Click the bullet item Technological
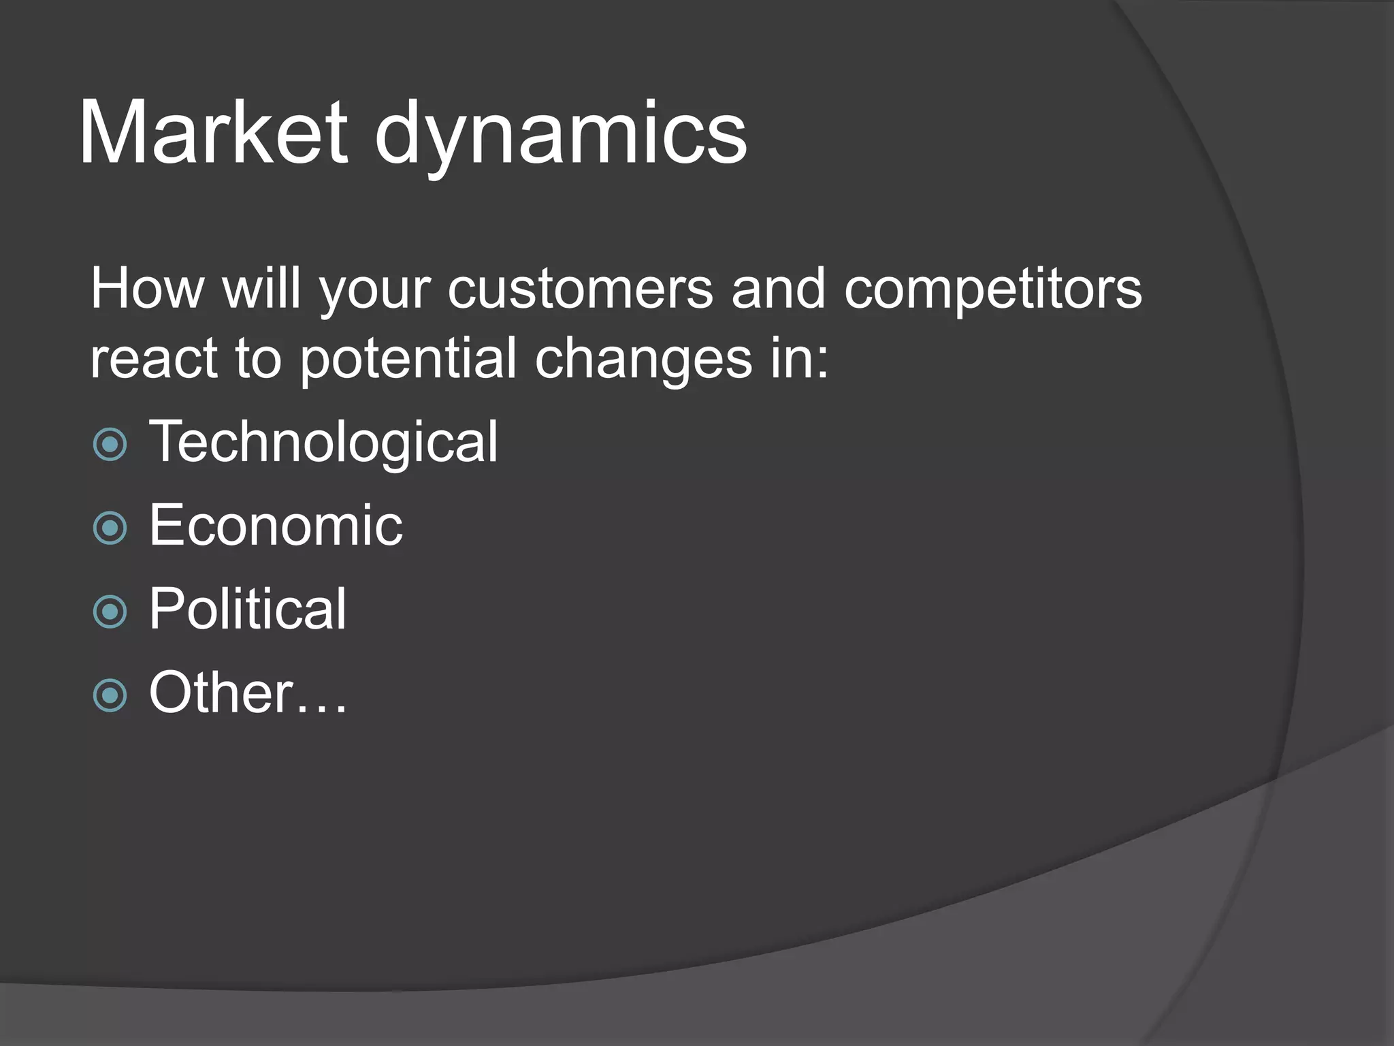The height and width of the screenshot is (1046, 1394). pyautogui.click(x=323, y=443)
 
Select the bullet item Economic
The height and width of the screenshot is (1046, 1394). pyautogui.click(x=276, y=526)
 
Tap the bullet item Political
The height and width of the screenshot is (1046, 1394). pyautogui.click(x=248, y=609)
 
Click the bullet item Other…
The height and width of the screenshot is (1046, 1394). pyautogui.click(x=248, y=693)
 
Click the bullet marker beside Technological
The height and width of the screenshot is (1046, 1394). pyautogui.click(x=110, y=445)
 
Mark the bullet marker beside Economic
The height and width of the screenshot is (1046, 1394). pyautogui.click(x=110, y=528)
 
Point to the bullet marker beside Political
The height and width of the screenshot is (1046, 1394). pyautogui.click(x=110, y=611)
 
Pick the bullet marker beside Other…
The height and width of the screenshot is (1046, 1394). pyautogui.click(x=110, y=695)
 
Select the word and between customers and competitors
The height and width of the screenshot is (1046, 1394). pyautogui.click(x=778, y=289)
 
